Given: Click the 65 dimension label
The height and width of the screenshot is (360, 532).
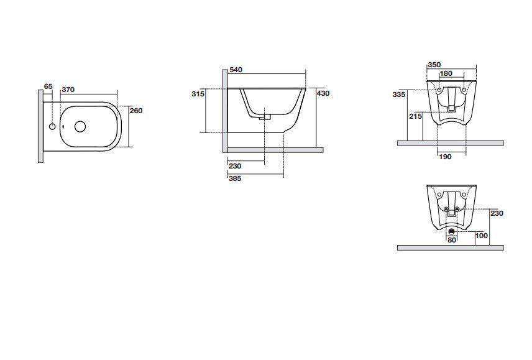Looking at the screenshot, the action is tap(48, 86).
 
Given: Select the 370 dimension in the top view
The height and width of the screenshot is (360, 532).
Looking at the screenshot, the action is tap(68, 90).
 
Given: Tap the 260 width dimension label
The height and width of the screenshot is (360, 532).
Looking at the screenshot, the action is tap(136, 111).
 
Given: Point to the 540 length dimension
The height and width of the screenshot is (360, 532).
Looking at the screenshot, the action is tap(236, 70).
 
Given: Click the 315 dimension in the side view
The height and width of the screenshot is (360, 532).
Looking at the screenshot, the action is tap(198, 94).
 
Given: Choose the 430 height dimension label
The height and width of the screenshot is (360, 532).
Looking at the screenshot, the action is tap(323, 93).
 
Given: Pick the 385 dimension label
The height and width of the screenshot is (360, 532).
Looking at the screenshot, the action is tap(235, 178).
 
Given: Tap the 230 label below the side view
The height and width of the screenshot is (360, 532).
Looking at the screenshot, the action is tap(235, 166).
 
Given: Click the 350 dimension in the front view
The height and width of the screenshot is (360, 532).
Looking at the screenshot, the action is tap(434, 65).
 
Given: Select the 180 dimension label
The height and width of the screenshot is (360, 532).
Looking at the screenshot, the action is tap(446, 73).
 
